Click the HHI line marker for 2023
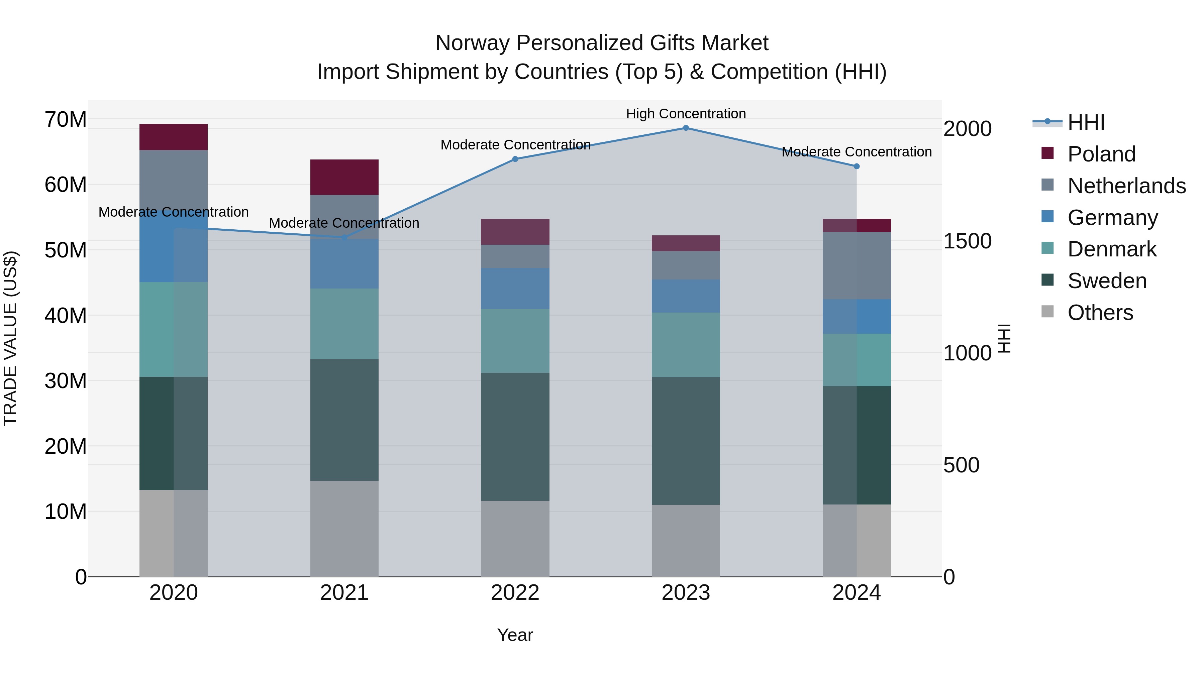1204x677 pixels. click(x=686, y=128)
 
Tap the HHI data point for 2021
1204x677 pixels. click(x=344, y=237)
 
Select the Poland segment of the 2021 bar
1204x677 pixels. click(x=344, y=177)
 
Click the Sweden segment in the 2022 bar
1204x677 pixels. click(x=515, y=437)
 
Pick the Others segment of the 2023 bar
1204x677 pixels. click(x=686, y=541)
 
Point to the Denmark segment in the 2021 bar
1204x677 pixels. click(x=344, y=324)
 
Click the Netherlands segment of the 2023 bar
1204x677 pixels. click(x=686, y=265)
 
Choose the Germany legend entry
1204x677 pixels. click(x=1112, y=218)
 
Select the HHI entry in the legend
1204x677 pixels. click(x=1086, y=122)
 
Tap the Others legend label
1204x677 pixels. click(x=1100, y=313)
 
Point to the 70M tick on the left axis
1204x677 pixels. click(x=66, y=120)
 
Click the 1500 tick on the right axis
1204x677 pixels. click(x=967, y=241)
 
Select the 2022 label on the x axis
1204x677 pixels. click(x=515, y=593)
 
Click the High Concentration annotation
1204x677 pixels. click(x=686, y=114)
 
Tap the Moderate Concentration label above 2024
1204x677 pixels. click(x=856, y=152)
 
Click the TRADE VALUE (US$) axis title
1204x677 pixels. click(x=10, y=338)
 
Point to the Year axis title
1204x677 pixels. click(x=515, y=635)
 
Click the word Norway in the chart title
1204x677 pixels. click(x=473, y=43)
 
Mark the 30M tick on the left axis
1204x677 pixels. click(x=66, y=381)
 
